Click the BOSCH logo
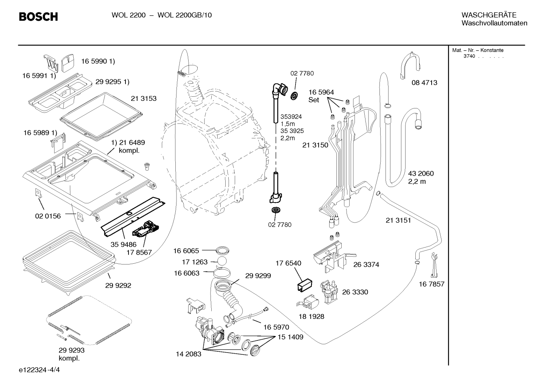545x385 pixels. pyautogui.click(x=39, y=17)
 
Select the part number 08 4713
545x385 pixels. pyautogui.click(x=424, y=83)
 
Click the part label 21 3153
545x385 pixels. pyautogui.click(x=144, y=99)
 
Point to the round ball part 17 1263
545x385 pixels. pyautogui.click(x=221, y=261)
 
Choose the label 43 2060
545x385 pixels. pyautogui.click(x=421, y=173)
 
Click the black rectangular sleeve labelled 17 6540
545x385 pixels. pyautogui.click(x=305, y=285)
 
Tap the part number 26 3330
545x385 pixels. pyautogui.click(x=355, y=292)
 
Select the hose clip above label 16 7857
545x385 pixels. pyautogui.click(x=434, y=265)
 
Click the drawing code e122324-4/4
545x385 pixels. pyautogui.click(x=39, y=370)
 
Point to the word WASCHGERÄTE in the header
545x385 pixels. pyautogui.click(x=489, y=15)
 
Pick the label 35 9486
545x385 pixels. pyautogui.click(x=123, y=244)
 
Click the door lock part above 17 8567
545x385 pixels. pyautogui.click(x=146, y=229)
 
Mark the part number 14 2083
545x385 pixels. pyautogui.click(x=189, y=354)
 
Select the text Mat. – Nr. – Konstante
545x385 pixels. pyautogui.click(x=478, y=50)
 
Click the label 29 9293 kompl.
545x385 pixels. pyautogui.click(x=71, y=354)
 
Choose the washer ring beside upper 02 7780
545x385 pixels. pyautogui.click(x=294, y=96)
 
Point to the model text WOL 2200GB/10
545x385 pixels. pyautogui.click(x=185, y=15)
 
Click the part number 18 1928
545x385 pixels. pyautogui.click(x=311, y=316)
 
